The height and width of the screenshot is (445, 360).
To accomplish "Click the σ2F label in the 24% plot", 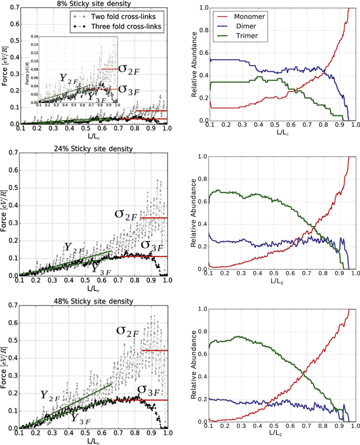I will (129, 214).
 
